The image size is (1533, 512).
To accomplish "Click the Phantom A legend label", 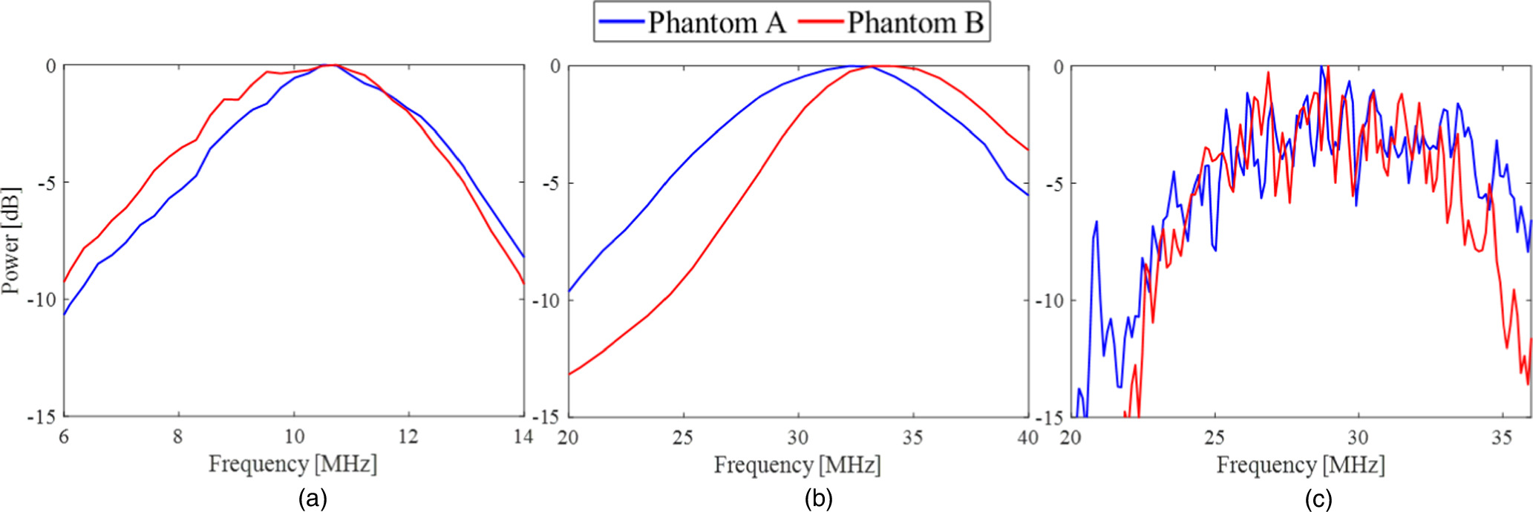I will (716, 23).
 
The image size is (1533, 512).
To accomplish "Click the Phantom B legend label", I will (915, 23).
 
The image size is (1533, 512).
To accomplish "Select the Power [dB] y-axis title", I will (10, 240).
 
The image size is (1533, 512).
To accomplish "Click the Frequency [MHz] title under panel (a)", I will (292, 465).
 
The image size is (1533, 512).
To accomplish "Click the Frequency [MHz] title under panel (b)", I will (797, 465).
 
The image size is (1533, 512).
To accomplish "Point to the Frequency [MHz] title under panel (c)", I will (1301, 465).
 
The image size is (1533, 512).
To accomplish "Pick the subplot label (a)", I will (313, 499).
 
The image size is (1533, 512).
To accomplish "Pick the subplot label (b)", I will (818, 499).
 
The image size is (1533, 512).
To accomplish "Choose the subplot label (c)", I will (1318, 499).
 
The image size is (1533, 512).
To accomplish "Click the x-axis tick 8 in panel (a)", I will (178, 436).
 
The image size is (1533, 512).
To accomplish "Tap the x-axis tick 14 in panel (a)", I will (523, 436).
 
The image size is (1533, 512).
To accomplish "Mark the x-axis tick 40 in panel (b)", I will (1027, 438).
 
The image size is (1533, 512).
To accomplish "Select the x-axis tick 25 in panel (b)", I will (683, 438).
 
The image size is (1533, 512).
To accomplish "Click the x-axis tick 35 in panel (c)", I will (1501, 438).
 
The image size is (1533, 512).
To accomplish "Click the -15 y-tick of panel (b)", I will (545, 418).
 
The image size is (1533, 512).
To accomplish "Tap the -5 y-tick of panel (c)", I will (1051, 183).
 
